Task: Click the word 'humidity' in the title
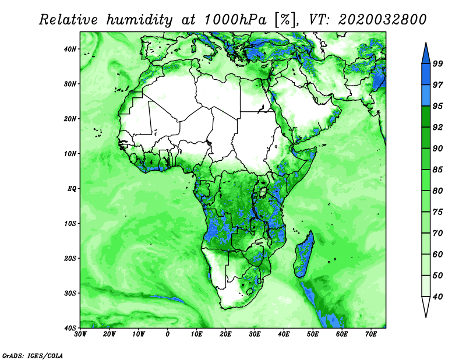pos(139,20)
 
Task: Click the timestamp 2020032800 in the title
pos(383,20)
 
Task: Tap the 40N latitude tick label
pos(70,49)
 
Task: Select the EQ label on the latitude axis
pos(72,189)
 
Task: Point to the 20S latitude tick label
pos(70,258)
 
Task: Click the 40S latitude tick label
pos(70,328)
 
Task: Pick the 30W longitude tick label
pos(80,334)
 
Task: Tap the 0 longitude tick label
pos(168,334)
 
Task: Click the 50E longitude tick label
pos(313,334)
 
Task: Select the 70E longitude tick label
pos(371,334)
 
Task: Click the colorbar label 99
pos(437,63)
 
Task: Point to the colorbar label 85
pos(437,170)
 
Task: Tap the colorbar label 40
pos(437,297)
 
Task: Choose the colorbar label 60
pos(437,254)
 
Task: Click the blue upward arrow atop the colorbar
pos(426,54)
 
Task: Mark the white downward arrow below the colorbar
pos(426,306)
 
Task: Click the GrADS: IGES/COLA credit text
pos(33,355)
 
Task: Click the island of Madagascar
pos(304,255)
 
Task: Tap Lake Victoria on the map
pos(263,192)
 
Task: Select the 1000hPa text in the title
pos(235,20)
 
